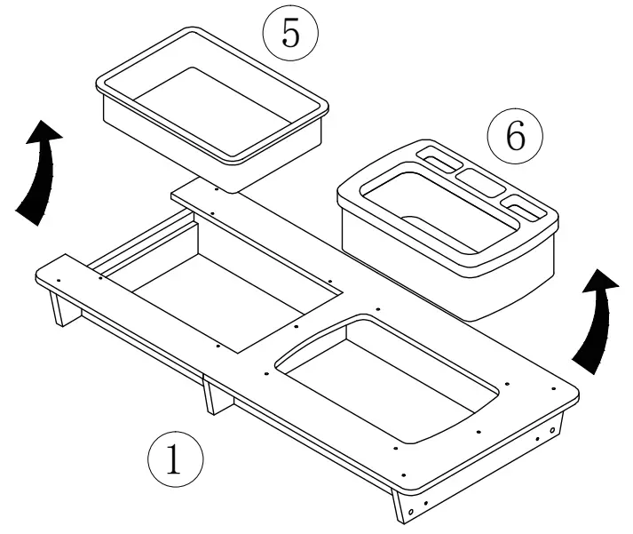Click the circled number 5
coord(290,33)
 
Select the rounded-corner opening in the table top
coord(391,378)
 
